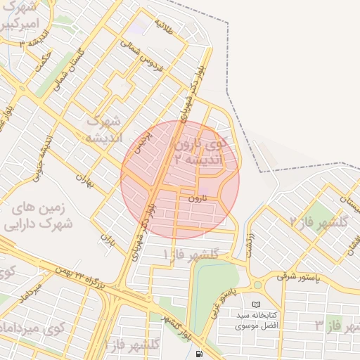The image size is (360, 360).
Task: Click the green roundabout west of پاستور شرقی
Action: click(257, 285)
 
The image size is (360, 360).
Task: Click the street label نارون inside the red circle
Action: click(197, 199)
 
